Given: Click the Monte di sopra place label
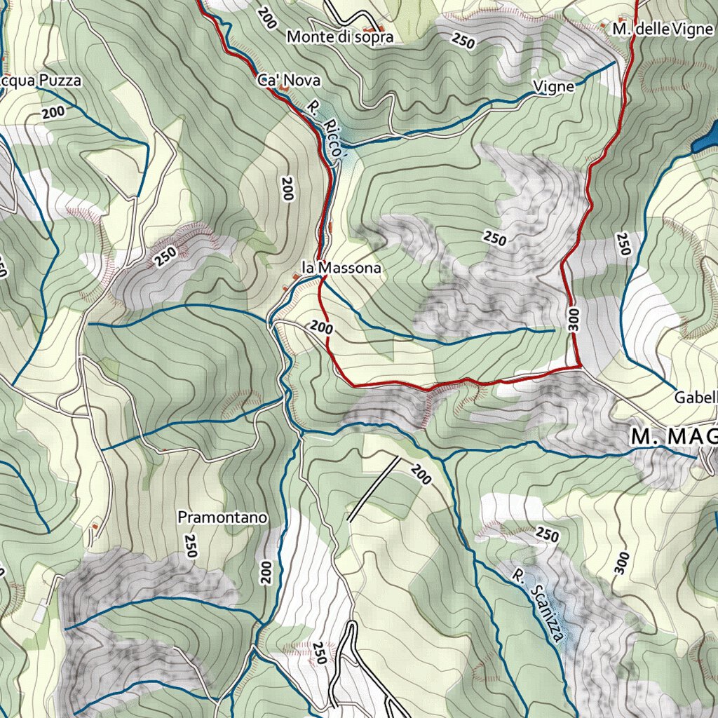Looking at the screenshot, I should coord(340,37).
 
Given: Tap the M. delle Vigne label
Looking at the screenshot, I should coord(661,29).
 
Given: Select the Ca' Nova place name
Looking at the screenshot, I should coord(289,81).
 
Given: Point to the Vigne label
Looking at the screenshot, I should coord(553,87).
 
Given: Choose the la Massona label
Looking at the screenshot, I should coord(341,268).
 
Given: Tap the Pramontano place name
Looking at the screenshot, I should coord(223,517).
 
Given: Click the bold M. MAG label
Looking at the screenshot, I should coord(674,436).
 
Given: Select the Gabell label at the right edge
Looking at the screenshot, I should coord(696,398).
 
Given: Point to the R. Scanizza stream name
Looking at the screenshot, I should coord(538,605).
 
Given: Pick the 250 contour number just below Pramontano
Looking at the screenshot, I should coord(190,546).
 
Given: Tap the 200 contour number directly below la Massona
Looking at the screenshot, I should coord(320,327).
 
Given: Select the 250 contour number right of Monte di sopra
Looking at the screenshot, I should coord(463,41).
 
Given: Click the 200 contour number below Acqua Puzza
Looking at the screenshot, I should coord(53,113).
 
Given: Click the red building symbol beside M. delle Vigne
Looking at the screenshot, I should coord(602,27).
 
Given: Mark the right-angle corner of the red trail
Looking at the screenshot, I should coord(579,365).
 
